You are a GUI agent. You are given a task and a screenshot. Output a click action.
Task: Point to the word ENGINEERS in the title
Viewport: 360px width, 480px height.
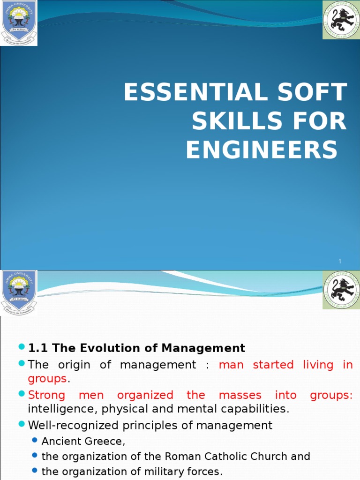point(262,150)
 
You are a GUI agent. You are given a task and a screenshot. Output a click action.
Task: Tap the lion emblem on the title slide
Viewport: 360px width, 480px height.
point(341,20)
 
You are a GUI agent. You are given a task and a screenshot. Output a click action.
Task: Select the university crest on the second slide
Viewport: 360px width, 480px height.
point(19,292)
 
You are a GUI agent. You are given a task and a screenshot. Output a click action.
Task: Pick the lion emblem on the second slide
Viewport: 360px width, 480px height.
point(341,290)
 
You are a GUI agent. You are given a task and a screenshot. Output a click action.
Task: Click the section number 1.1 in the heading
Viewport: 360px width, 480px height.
point(39,348)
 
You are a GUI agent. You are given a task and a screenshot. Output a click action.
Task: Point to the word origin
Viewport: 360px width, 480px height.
point(75,365)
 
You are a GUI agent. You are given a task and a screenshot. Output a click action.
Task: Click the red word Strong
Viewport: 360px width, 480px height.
point(46,395)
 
